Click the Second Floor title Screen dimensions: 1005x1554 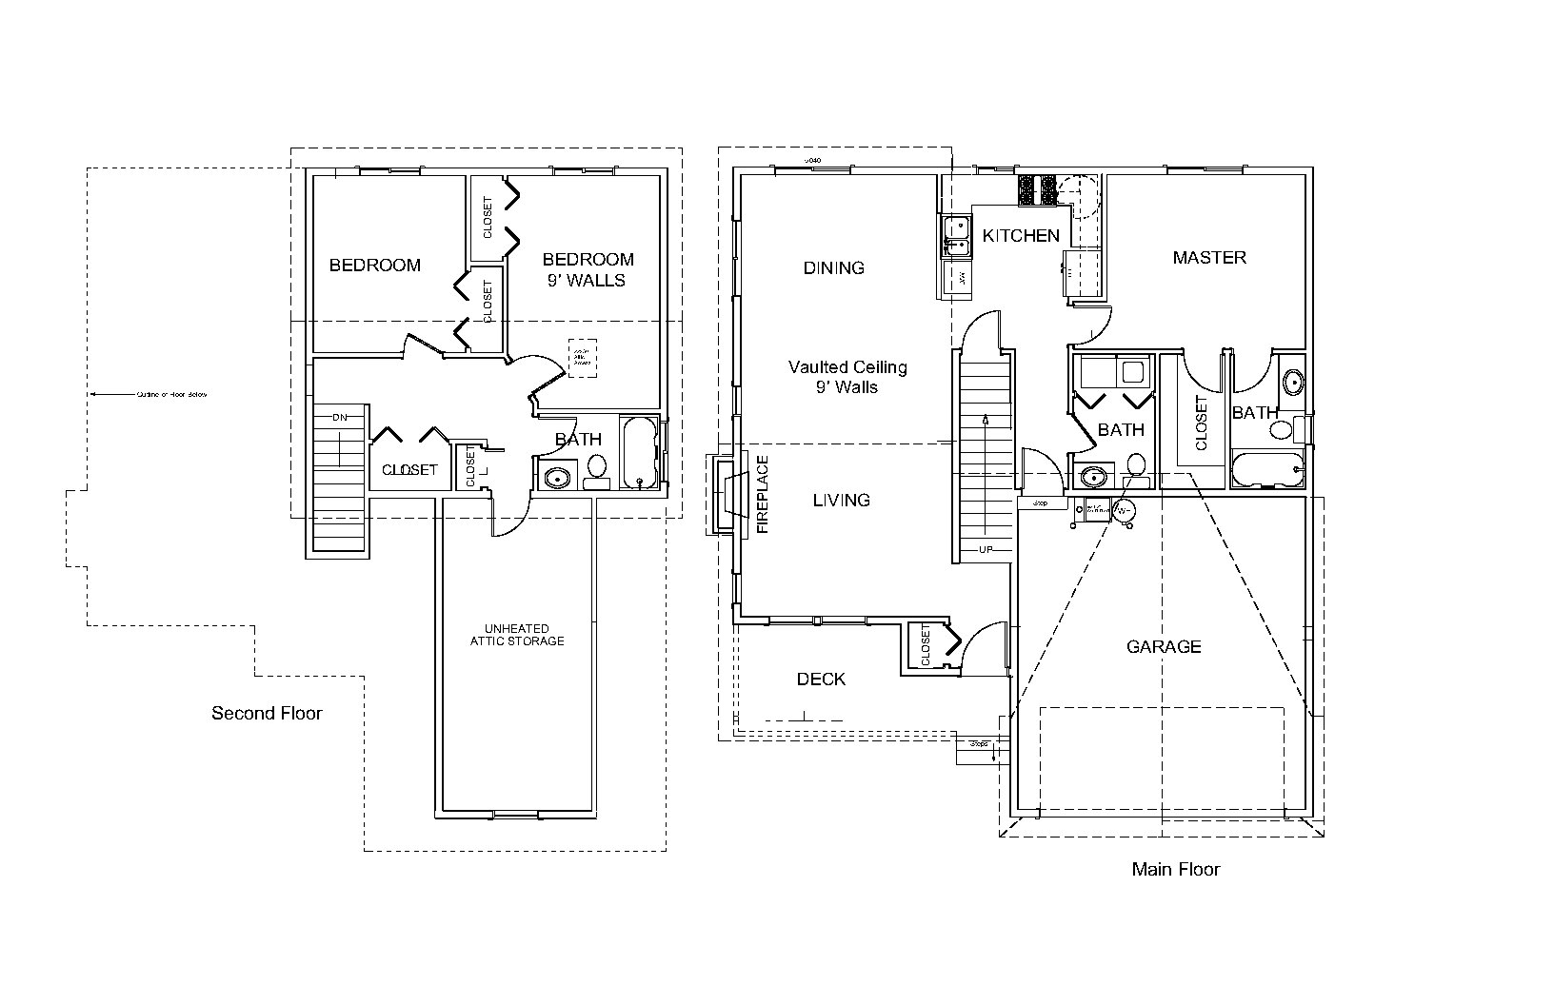pyautogui.click(x=267, y=713)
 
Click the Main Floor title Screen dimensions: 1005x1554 pyautogui.click(x=1175, y=869)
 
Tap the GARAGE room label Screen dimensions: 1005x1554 pyautogui.click(x=1164, y=647)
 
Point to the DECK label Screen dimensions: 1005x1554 pyautogui.click(x=821, y=679)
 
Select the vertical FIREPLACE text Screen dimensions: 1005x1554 pyautogui.click(x=762, y=494)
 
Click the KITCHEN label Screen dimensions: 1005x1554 pyautogui.click(x=1021, y=236)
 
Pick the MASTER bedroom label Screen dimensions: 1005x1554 pyautogui.click(x=1209, y=258)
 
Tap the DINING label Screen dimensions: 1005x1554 pyautogui.click(x=834, y=268)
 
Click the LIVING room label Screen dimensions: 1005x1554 pyautogui.click(x=841, y=500)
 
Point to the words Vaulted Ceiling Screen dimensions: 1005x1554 pyautogui.click(x=847, y=367)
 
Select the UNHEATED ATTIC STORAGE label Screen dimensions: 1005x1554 pyautogui.click(x=517, y=635)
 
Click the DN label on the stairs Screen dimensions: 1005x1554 pyautogui.click(x=340, y=418)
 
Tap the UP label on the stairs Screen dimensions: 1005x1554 pyautogui.click(x=986, y=550)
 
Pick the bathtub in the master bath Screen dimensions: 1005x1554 pyautogui.click(x=1266, y=470)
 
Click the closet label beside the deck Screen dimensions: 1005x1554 pyautogui.click(x=926, y=646)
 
